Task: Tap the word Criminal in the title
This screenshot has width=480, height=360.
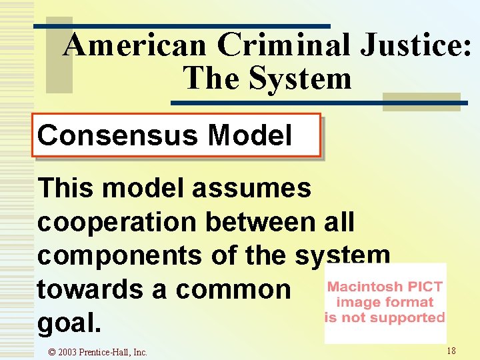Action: (x=284, y=46)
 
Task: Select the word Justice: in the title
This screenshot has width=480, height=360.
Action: (x=416, y=46)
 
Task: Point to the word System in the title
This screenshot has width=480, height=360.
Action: (x=299, y=78)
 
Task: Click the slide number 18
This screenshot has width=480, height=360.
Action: (x=451, y=350)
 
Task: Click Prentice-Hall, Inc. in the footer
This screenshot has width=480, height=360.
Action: (x=114, y=352)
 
